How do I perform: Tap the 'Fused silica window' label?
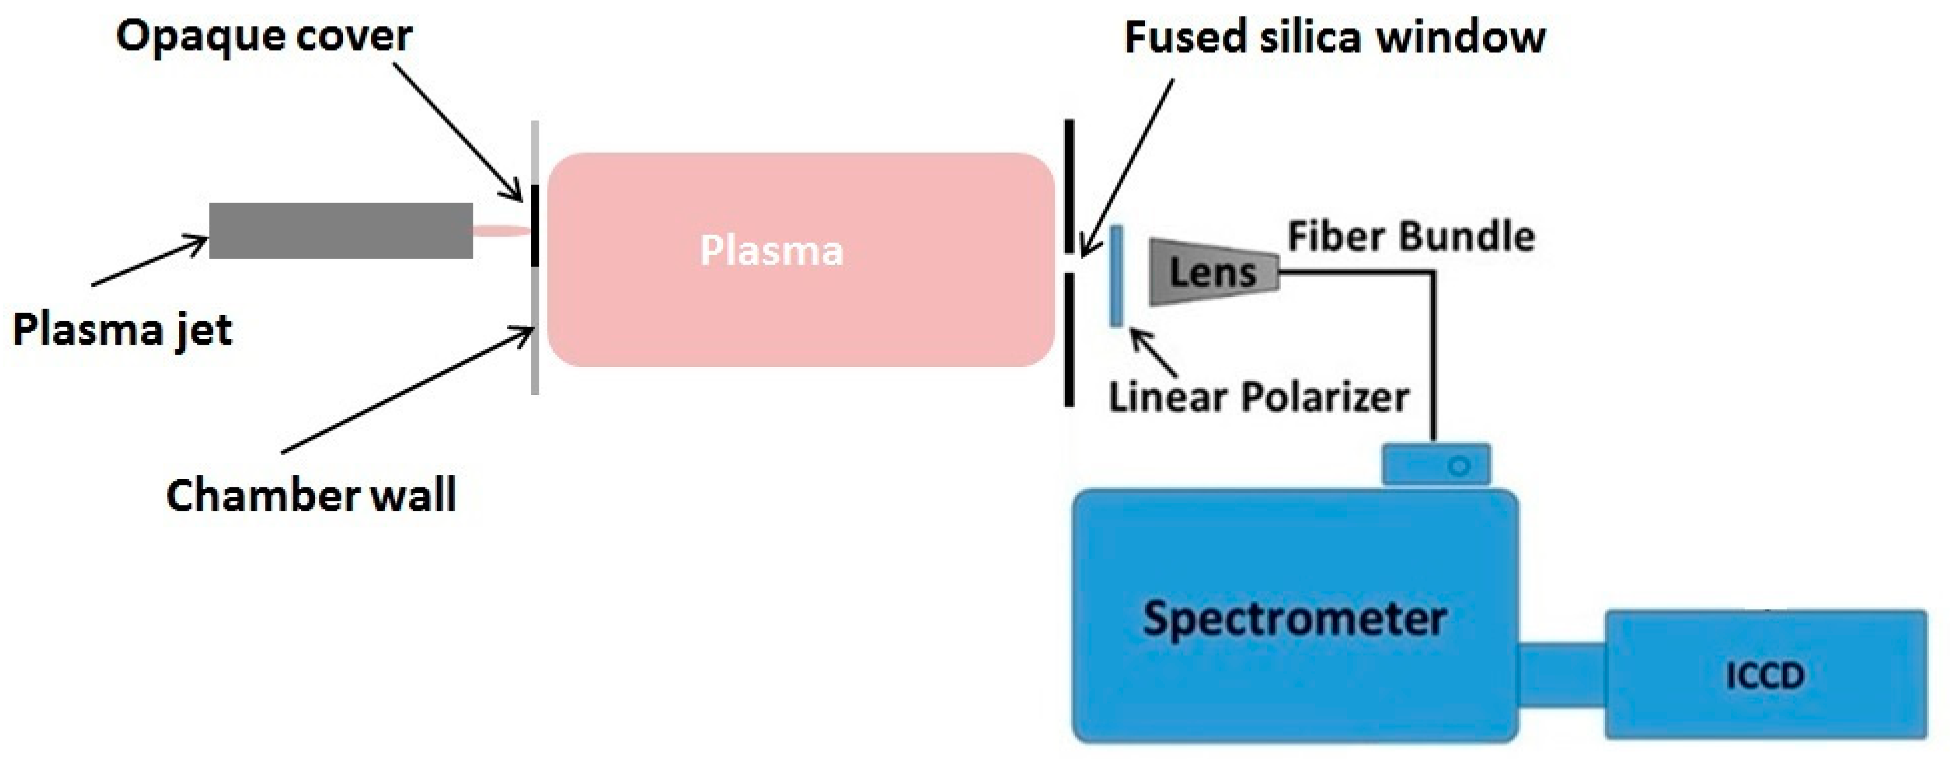pyautogui.click(x=1335, y=38)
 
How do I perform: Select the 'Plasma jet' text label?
pyautogui.click(x=123, y=330)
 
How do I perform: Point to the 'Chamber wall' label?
pyautogui.click(x=311, y=496)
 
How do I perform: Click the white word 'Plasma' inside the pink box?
pyautogui.click(x=772, y=251)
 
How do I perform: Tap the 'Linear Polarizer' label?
pyautogui.click(x=1258, y=397)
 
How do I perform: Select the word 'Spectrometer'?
pyautogui.click(x=1295, y=619)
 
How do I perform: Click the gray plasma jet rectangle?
pyautogui.click(x=341, y=231)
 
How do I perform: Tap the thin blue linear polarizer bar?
pyautogui.click(x=1116, y=276)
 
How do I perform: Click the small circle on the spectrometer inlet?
pyautogui.click(x=1459, y=466)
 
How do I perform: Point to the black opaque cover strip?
pyautogui.click(x=535, y=226)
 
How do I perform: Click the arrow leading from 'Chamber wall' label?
pyautogui.click(x=409, y=390)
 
